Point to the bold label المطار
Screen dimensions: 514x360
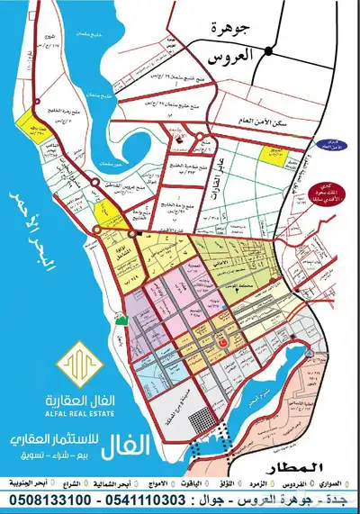(316, 469)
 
